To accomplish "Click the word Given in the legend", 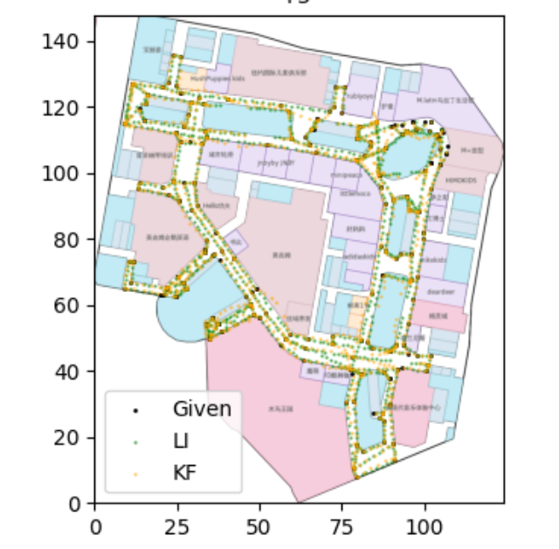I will (x=203, y=408).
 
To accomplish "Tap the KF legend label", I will (x=184, y=473).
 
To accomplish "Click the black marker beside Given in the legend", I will (x=135, y=409).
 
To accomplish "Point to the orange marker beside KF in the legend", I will (x=135, y=474).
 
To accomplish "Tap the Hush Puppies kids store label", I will (x=213, y=77).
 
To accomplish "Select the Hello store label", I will (x=216, y=205).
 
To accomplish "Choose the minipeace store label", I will (x=347, y=174).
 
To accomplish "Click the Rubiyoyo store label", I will (x=360, y=97).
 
